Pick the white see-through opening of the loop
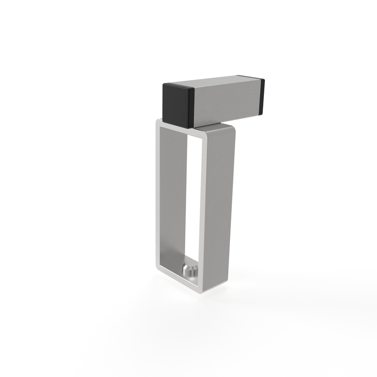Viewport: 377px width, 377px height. click(x=193, y=198)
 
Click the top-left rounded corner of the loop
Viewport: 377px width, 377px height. click(x=158, y=122)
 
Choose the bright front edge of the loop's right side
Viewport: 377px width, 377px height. click(x=203, y=212)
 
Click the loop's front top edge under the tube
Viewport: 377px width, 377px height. click(x=179, y=130)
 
